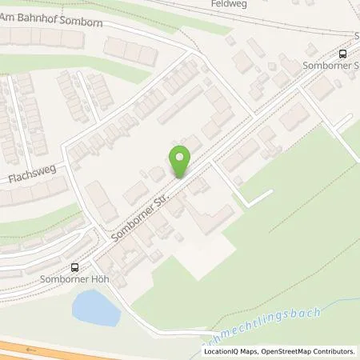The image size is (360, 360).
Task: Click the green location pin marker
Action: click(181, 161)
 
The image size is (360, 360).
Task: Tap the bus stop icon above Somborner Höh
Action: click(75, 268)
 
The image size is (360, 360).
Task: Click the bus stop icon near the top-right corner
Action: click(343, 54)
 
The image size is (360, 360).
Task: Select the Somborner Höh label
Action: click(74, 279)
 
